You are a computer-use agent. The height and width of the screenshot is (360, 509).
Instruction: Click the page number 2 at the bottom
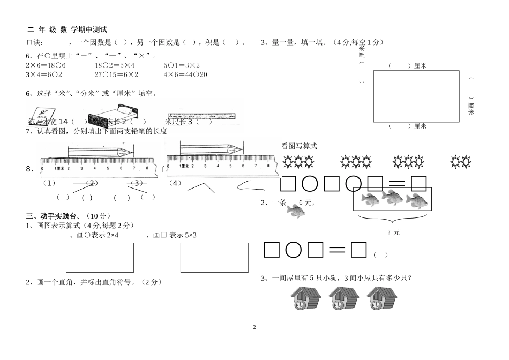(x=254, y=327)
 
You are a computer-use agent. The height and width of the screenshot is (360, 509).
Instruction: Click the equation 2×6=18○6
(x=46, y=65)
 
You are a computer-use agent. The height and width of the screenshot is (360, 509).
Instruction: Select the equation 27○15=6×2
(x=116, y=74)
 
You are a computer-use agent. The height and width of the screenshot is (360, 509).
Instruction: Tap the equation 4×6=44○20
(x=185, y=74)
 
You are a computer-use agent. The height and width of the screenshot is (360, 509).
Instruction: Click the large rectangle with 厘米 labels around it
(x=416, y=96)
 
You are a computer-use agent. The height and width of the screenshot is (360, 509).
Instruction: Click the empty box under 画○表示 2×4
(x=100, y=258)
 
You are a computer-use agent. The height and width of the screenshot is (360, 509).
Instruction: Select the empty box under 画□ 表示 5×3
(x=214, y=258)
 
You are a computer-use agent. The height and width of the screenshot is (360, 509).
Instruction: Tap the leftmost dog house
(x=305, y=298)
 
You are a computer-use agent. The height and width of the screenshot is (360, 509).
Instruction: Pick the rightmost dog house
(x=382, y=298)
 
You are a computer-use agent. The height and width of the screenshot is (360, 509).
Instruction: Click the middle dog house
(x=343, y=298)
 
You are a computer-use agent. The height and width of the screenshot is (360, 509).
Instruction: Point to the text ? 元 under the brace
(x=393, y=232)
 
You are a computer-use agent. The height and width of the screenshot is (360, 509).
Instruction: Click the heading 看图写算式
(x=299, y=145)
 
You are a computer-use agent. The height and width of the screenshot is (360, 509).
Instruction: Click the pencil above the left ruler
(x=100, y=152)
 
